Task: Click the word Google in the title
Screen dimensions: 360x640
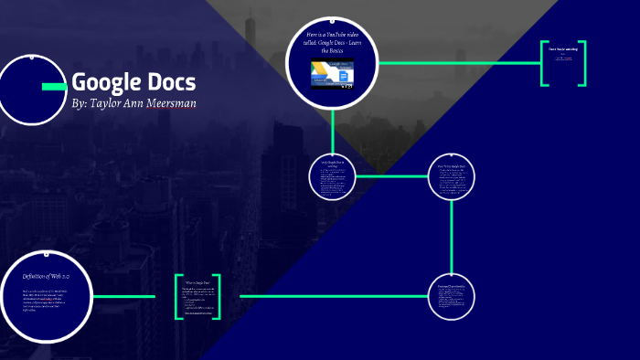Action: click(x=104, y=82)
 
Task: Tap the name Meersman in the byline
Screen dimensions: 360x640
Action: click(x=165, y=103)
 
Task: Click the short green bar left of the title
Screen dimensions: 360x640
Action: click(x=54, y=86)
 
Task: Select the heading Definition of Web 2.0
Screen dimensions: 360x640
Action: click(x=46, y=275)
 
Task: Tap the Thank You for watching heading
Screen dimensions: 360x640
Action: click(x=562, y=48)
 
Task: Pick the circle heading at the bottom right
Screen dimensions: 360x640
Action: click(x=452, y=286)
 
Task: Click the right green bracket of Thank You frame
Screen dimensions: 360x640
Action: click(x=582, y=63)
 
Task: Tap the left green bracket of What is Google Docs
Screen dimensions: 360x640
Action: click(x=178, y=297)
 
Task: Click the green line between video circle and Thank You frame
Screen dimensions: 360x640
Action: click(x=457, y=63)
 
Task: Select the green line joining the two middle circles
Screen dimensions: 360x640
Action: click(x=391, y=176)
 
